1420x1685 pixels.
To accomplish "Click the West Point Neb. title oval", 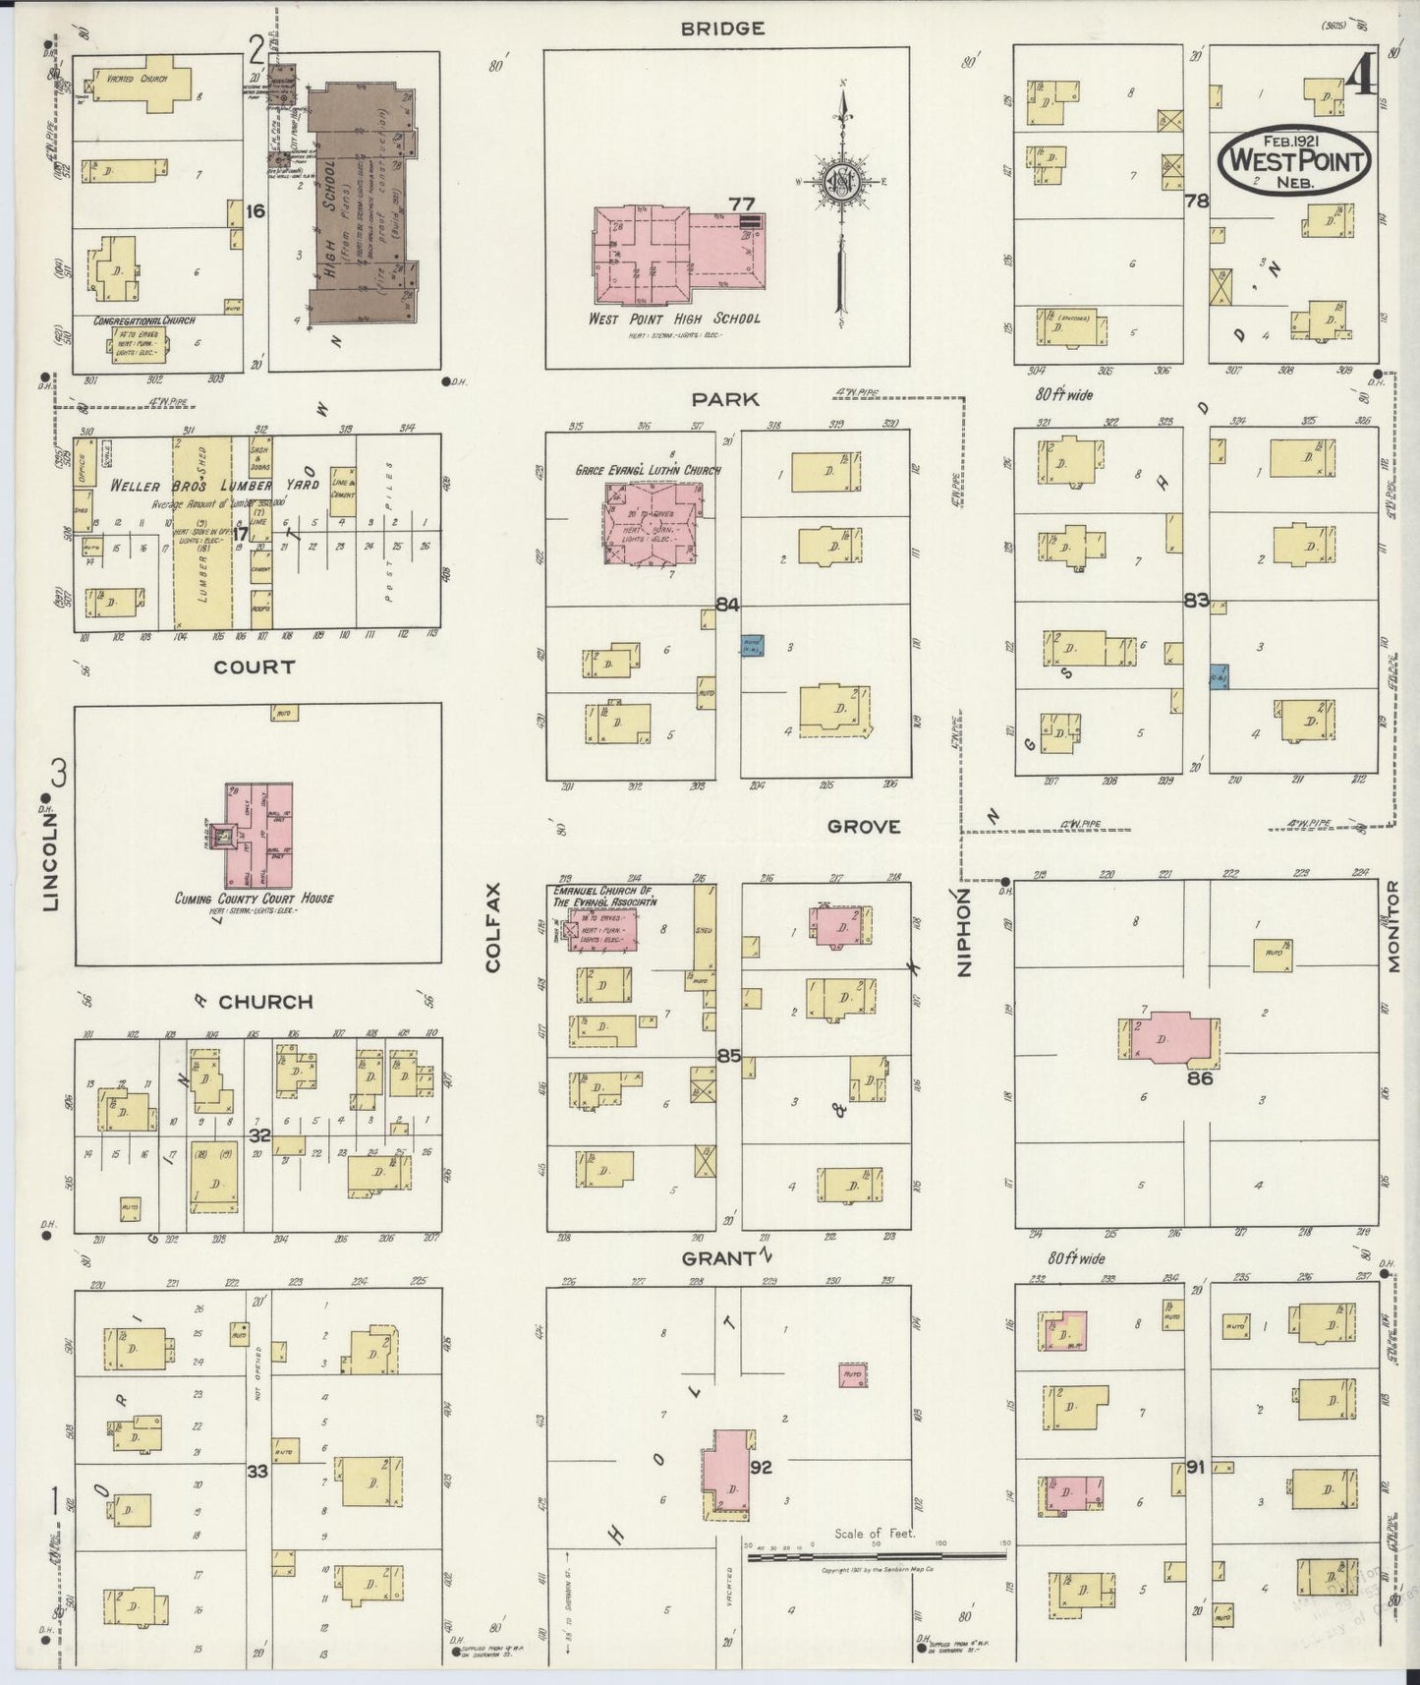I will pyautogui.click(x=1294, y=161).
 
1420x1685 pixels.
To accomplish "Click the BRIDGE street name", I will pyautogui.click(x=722, y=29).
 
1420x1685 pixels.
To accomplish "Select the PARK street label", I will pyautogui.click(x=724, y=399).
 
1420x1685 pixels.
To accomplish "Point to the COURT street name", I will pyautogui.click(x=254, y=667).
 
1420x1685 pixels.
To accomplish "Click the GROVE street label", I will pyautogui.click(x=863, y=827).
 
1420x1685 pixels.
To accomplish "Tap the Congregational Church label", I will pyautogui.click(x=143, y=321).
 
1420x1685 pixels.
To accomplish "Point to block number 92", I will pyautogui.click(x=761, y=1468).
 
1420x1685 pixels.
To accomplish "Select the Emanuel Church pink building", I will pyautogui.click(x=601, y=930).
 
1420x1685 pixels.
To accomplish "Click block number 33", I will pyautogui.click(x=257, y=1472).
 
